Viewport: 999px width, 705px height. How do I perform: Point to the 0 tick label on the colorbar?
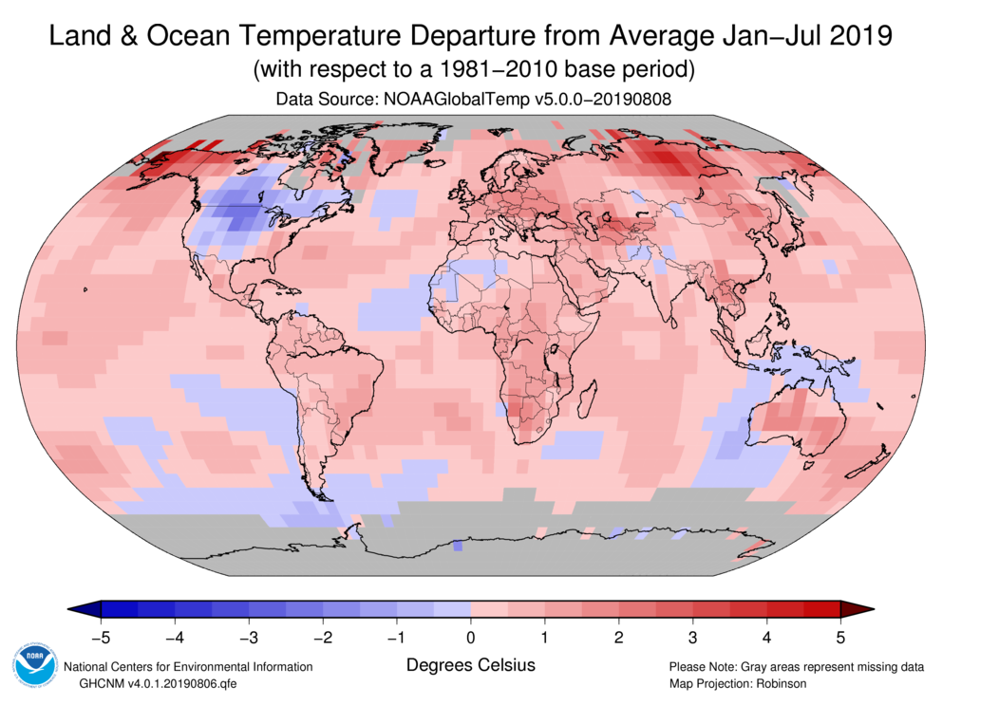click(471, 636)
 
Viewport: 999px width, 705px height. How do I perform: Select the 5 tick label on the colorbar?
click(840, 636)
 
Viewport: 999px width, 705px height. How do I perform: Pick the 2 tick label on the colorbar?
click(618, 636)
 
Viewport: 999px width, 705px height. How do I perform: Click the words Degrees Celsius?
click(471, 665)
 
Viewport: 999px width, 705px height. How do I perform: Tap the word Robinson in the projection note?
click(778, 683)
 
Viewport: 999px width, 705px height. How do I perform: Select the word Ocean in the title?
click(200, 37)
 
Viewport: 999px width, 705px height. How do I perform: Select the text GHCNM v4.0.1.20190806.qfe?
click(145, 683)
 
